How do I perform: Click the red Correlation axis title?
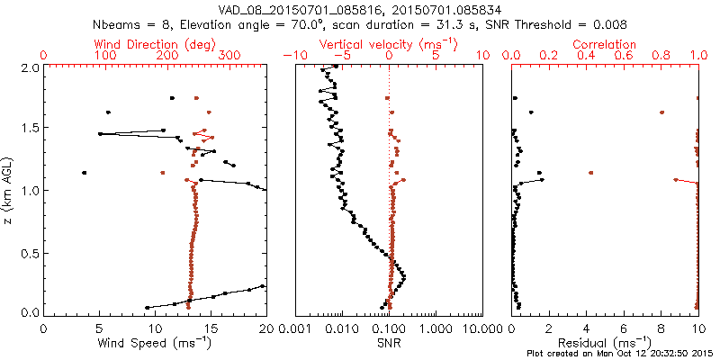606,44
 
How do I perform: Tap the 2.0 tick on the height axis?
29,67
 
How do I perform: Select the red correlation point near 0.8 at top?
661,112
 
